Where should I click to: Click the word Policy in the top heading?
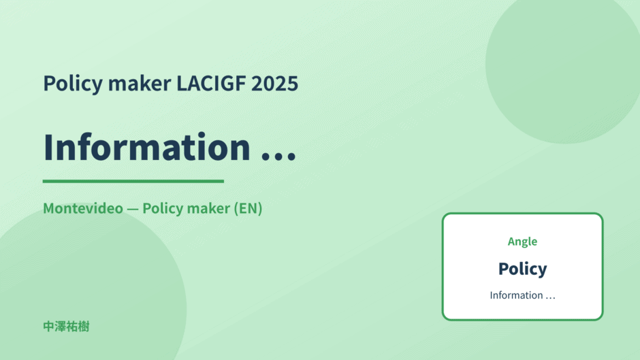(x=73, y=84)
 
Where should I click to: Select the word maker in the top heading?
(x=140, y=83)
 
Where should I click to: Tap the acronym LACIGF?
(x=211, y=83)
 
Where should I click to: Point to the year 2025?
(x=274, y=83)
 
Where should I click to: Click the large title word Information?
(x=147, y=147)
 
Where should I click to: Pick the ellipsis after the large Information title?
(x=278, y=157)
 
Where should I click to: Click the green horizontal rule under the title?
(x=133, y=181)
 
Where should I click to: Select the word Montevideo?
(x=83, y=208)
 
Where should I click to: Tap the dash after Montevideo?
(x=133, y=208)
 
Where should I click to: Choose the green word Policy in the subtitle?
(x=163, y=208)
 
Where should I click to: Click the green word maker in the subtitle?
(x=208, y=208)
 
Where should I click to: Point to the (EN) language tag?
(x=248, y=208)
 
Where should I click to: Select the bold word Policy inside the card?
(x=522, y=269)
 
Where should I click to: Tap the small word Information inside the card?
(x=516, y=295)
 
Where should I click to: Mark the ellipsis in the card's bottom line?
(x=551, y=298)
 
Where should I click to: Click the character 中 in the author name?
(x=48, y=327)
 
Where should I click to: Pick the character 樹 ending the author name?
(x=84, y=327)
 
